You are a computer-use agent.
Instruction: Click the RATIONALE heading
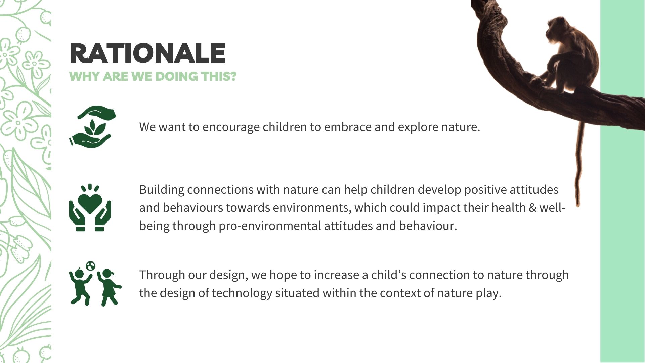[x=147, y=53]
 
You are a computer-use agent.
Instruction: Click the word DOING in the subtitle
[x=176, y=76]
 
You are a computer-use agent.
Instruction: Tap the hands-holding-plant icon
[x=92, y=127]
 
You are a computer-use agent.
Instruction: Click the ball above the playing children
[x=90, y=266]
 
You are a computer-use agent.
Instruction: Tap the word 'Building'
[x=162, y=190]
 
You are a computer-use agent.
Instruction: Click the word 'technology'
[x=242, y=293]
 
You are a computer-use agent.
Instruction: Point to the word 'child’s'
[x=389, y=275]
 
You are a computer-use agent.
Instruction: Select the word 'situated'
[x=297, y=293]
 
